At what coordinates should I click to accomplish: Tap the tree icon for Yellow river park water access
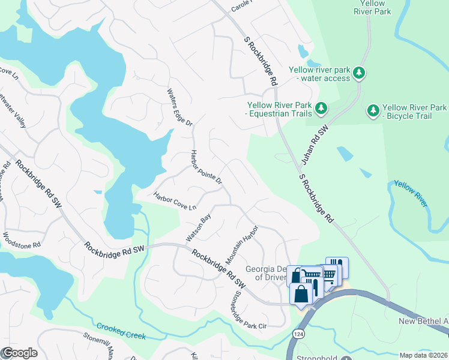tap(359, 73)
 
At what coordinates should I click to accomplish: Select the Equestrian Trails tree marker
tap(321, 108)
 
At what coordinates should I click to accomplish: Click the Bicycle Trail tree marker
tap(373, 110)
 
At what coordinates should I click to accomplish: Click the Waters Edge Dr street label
tap(179, 107)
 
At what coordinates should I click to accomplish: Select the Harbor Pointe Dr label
tap(207, 167)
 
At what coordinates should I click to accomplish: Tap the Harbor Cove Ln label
tap(175, 200)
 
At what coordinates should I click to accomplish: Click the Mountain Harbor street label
tap(242, 245)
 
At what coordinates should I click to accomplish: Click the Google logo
tap(20, 353)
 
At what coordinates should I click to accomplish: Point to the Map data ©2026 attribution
tap(423, 355)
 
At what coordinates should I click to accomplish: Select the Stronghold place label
tap(318, 358)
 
